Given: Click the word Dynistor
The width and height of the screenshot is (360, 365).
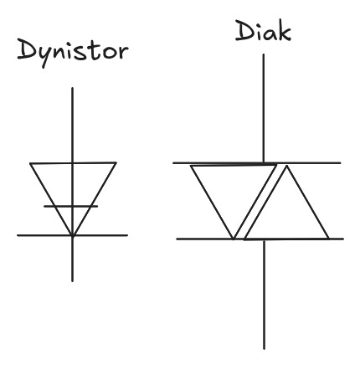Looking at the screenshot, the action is (x=73, y=53).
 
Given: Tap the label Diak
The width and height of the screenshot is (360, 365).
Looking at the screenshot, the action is (x=263, y=31).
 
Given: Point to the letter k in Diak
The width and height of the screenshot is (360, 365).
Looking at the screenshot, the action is (x=284, y=32).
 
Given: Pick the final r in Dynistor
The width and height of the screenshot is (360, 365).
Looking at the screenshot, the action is (x=123, y=53).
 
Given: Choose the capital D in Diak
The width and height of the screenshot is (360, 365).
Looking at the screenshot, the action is (x=244, y=31).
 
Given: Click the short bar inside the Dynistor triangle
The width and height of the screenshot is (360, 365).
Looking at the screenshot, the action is (x=71, y=206).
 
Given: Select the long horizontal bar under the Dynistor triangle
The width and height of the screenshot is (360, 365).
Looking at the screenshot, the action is (x=72, y=235).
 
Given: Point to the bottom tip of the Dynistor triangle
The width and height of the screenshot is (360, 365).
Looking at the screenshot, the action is (x=73, y=236).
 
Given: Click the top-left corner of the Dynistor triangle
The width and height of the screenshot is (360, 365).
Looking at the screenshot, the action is (x=30, y=163).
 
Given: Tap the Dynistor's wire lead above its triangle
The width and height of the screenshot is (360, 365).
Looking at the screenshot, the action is (x=73, y=125).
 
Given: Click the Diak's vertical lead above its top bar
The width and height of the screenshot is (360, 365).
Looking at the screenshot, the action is (x=263, y=108).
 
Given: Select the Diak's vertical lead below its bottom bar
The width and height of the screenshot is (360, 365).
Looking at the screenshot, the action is (x=264, y=294).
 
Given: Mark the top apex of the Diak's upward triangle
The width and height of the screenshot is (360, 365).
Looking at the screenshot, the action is (x=286, y=166).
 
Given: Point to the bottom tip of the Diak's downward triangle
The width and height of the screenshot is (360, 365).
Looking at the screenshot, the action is (x=234, y=239).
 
